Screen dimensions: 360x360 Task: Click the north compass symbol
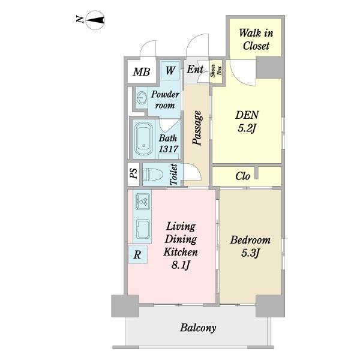(95, 20)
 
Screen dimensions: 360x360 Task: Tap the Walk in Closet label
(256, 39)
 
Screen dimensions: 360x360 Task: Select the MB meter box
(142, 71)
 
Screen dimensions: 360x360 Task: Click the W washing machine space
(170, 70)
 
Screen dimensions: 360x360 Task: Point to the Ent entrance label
(195, 69)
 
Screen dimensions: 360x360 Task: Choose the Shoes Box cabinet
(216, 71)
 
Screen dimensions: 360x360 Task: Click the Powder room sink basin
(142, 98)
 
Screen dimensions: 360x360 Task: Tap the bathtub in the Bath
(144, 139)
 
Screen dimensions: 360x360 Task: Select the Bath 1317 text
(168, 143)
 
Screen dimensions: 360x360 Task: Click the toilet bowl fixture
(152, 174)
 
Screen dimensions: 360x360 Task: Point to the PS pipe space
(134, 174)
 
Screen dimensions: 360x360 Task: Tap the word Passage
(197, 128)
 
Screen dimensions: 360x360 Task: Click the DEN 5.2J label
(247, 121)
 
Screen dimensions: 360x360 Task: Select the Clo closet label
(242, 176)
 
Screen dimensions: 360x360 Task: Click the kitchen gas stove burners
(143, 202)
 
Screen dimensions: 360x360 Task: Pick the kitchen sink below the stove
(143, 229)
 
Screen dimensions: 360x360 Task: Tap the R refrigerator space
(138, 254)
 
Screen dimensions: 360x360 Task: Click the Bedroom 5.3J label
(250, 247)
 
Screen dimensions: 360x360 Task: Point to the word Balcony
(198, 328)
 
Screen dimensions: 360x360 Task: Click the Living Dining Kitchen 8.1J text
(181, 245)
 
